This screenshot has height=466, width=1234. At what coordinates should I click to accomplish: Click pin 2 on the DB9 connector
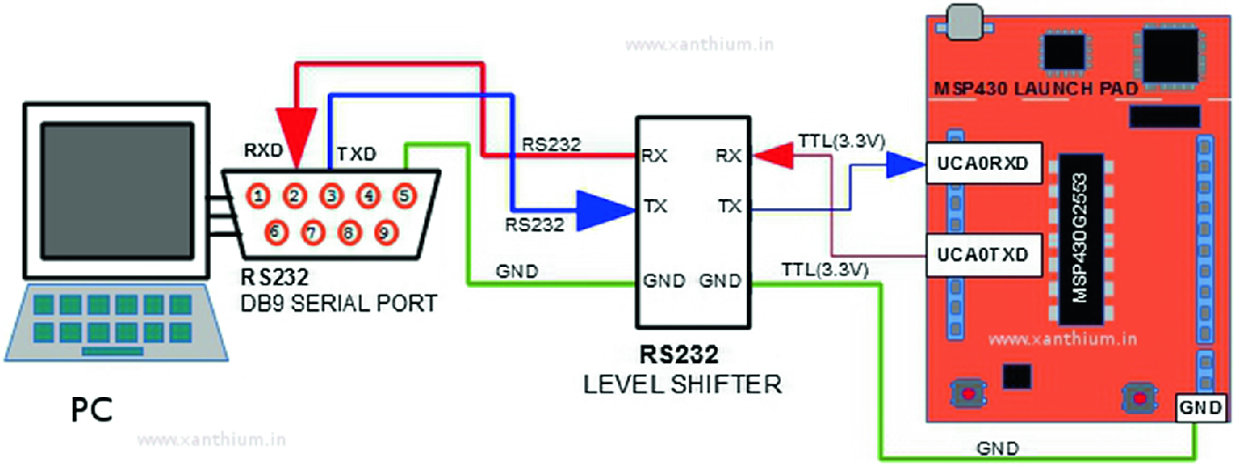[295, 193]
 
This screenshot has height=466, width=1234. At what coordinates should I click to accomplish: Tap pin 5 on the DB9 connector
[404, 193]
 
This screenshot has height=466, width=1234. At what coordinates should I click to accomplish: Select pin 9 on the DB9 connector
[385, 233]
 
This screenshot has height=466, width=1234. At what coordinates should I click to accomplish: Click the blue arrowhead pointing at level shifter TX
[606, 208]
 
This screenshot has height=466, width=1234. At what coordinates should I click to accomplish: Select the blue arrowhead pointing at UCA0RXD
[905, 164]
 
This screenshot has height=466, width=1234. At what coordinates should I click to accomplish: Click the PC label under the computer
[91, 410]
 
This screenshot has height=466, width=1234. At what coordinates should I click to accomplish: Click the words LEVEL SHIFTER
[682, 384]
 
